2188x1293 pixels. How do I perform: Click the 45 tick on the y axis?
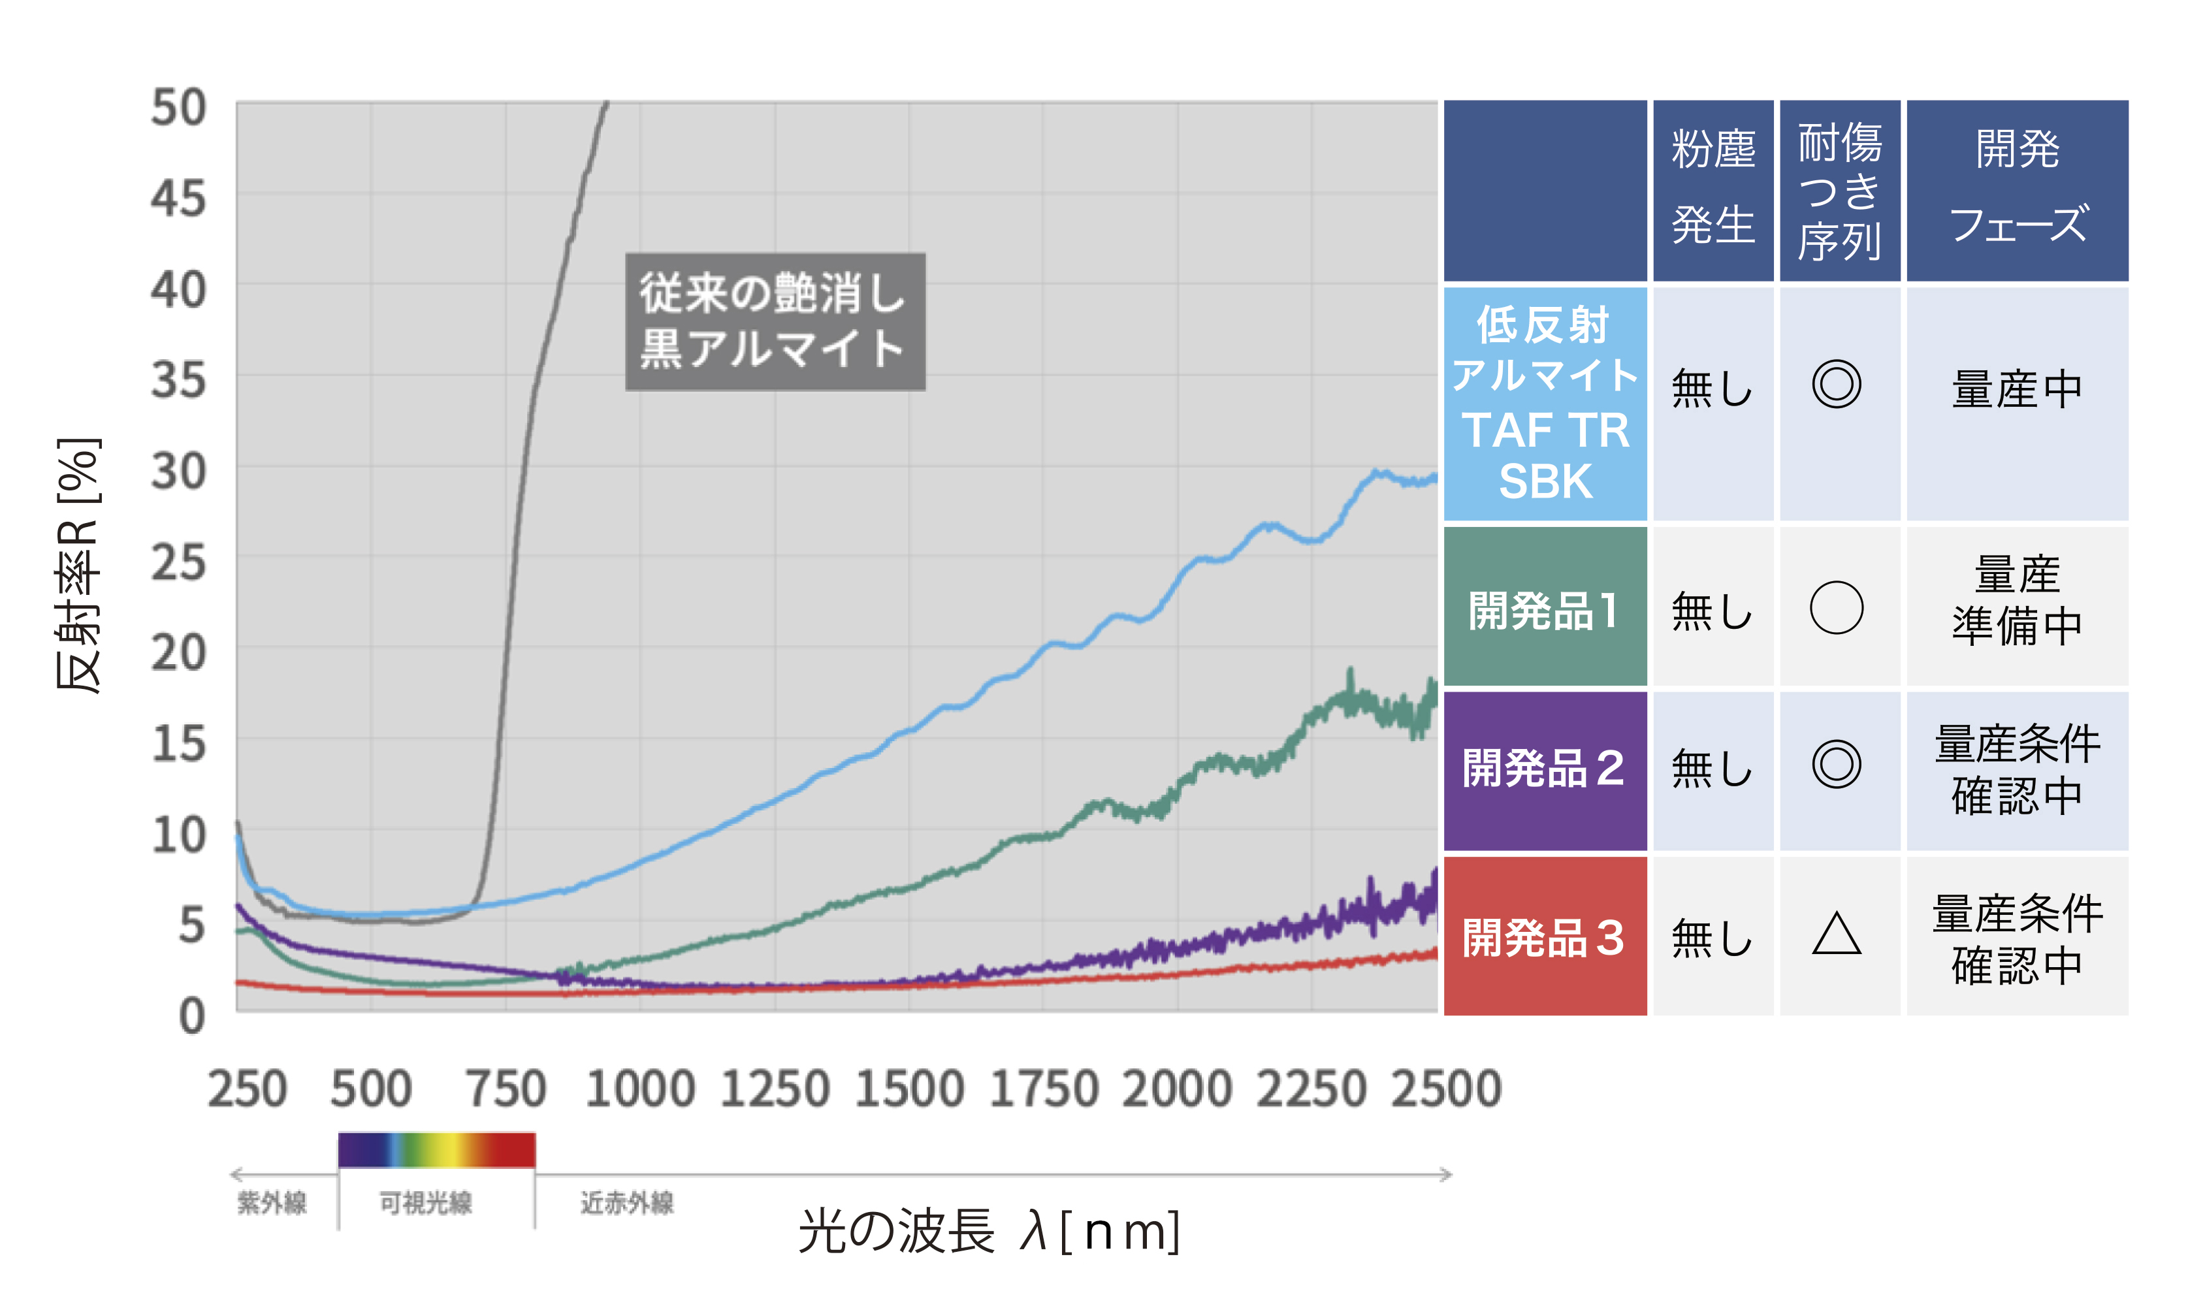178,200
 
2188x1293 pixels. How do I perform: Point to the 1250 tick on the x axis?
775,1089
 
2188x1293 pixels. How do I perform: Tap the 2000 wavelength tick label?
1177,1089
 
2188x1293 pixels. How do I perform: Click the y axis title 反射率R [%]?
78,565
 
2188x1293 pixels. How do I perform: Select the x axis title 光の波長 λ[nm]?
989,1231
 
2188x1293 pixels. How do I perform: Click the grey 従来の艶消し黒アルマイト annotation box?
775,321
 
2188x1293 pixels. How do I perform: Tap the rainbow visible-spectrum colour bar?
436,1150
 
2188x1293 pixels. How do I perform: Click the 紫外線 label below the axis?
272,1204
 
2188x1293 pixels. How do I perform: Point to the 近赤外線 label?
628,1204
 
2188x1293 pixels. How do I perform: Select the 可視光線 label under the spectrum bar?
425,1204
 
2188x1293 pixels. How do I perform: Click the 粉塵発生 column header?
1713,188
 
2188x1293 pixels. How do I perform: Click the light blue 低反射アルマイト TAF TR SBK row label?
1544,404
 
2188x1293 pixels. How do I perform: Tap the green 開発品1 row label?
1544,609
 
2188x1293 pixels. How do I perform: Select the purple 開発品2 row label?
1544,769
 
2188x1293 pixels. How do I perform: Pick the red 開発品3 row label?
1544,938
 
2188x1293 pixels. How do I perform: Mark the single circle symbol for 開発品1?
1836,607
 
